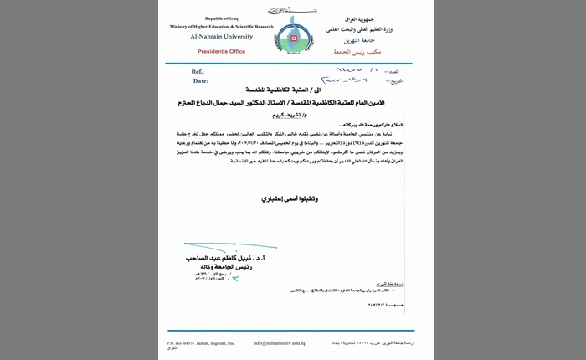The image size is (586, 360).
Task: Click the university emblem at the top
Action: click(x=293, y=38)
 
